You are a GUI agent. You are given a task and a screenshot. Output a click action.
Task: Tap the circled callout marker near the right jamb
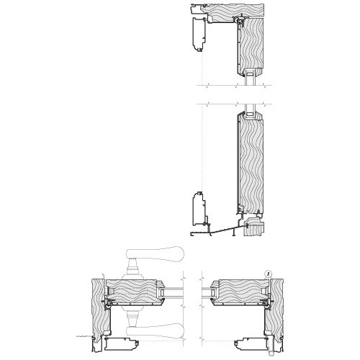click(x=269, y=273)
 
